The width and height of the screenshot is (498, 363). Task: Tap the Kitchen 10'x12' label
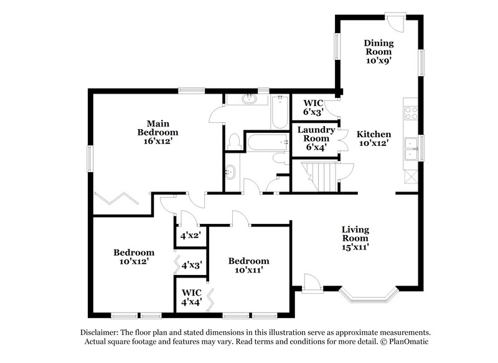point(374,139)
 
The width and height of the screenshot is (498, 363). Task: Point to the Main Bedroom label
point(157,132)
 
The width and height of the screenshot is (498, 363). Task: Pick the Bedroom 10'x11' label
point(248,265)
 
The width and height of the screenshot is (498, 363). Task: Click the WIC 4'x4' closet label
point(190,297)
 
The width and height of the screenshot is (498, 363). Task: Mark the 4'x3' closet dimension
point(190,265)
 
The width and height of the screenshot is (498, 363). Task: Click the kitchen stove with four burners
point(411,113)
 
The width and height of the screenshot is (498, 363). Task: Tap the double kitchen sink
point(411,150)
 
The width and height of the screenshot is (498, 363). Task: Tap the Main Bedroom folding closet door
point(116,199)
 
